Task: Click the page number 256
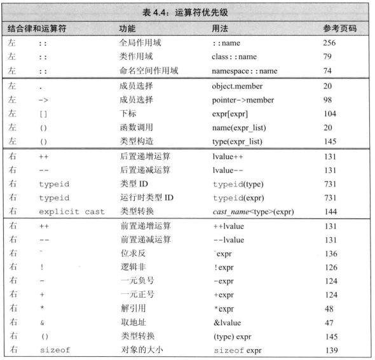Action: point(329,45)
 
